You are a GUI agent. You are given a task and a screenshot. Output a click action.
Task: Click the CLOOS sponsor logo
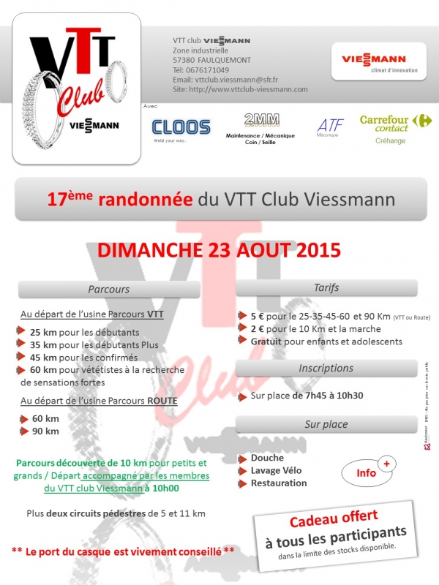coord(181,127)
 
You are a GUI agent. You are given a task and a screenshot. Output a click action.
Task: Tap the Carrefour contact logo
coord(394,124)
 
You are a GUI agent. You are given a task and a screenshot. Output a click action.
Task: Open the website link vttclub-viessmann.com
coord(249,88)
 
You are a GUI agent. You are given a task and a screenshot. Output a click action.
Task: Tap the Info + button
coord(369,471)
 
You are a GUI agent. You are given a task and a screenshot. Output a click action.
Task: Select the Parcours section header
coord(108,290)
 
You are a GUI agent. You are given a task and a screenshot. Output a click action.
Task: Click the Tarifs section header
coord(325,287)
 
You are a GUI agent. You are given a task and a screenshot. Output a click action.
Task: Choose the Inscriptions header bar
coord(325,368)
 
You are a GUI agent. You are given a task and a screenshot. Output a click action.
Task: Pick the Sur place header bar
coord(325,424)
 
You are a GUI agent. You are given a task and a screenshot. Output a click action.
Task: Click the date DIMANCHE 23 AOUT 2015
coord(219,249)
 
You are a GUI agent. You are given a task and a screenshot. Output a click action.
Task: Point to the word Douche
coord(267,458)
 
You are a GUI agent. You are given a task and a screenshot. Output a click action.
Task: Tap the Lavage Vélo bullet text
coord(276,470)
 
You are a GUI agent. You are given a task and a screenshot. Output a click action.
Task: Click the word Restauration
coord(279,483)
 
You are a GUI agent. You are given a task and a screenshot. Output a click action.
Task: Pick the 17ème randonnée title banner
coord(220,198)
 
